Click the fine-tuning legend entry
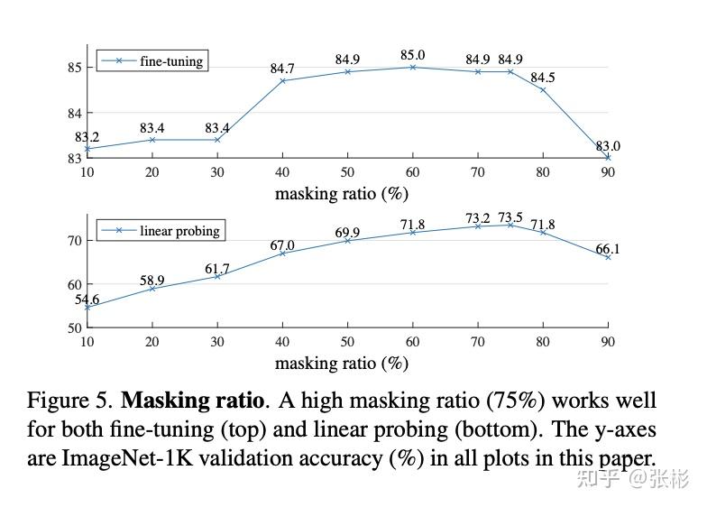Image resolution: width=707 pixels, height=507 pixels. (x=152, y=61)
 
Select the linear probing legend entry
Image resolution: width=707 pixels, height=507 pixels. (x=161, y=231)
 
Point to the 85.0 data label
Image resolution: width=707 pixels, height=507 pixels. (x=413, y=55)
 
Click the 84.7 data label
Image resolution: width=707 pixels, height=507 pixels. (x=282, y=69)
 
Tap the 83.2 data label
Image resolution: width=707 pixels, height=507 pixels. (x=87, y=137)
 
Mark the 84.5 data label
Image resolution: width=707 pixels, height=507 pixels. (x=543, y=78)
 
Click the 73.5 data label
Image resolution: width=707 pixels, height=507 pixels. (x=510, y=217)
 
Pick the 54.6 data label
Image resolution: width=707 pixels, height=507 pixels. (x=87, y=300)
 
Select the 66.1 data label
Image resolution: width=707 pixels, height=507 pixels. (x=608, y=249)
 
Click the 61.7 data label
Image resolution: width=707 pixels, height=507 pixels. (x=217, y=269)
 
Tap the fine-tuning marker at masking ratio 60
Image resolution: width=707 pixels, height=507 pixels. (x=413, y=67)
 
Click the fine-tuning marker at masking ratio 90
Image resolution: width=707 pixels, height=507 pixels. (x=608, y=157)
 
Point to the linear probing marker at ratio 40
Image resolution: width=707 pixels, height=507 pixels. (x=282, y=253)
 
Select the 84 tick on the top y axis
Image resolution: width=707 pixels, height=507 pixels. (x=75, y=114)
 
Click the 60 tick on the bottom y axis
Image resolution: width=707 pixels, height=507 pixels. (x=75, y=285)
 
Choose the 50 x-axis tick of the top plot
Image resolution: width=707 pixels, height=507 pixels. (x=347, y=172)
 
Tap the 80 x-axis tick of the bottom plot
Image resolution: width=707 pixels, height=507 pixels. (x=543, y=342)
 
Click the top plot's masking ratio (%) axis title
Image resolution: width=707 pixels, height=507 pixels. (x=342, y=194)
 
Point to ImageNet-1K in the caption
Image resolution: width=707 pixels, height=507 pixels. (x=127, y=458)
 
